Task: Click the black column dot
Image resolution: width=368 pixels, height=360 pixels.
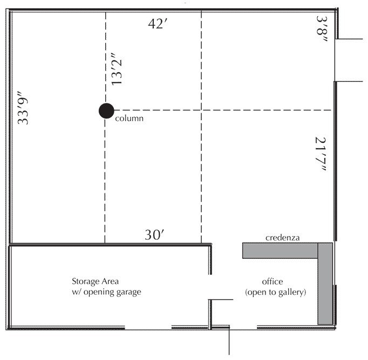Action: (x=106, y=110)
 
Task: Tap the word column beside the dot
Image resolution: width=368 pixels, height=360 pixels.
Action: (x=130, y=118)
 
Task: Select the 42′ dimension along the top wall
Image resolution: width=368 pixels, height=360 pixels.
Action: (x=159, y=25)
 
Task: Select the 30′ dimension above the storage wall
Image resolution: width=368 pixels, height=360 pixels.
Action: (x=155, y=235)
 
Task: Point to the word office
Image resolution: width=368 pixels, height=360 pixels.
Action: (x=272, y=282)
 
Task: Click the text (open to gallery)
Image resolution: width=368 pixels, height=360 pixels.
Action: (x=275, y=293)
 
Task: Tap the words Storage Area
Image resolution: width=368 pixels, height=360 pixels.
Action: (x=96, y=281)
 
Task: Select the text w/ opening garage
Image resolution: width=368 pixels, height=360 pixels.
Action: (x=107, y=292)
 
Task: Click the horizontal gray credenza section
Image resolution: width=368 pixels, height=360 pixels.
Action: (x=280, y=251)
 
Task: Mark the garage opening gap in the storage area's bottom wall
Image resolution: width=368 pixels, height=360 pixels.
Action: (x=148, y=327)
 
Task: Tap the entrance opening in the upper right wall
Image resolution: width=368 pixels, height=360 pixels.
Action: (x=336, y=60)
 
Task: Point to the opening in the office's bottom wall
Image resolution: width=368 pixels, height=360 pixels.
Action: (x=243, y=327)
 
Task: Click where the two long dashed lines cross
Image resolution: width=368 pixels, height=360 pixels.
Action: (x=201, y=110)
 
